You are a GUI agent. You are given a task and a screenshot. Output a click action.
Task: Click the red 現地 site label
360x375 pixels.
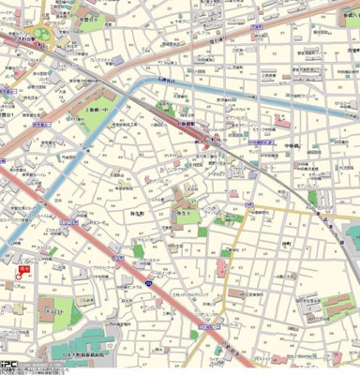[24, 269]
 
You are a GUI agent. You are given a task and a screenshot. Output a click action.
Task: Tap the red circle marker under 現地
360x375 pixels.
[19, 278]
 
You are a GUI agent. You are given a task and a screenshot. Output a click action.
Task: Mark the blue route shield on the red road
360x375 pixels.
[117, 256]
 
